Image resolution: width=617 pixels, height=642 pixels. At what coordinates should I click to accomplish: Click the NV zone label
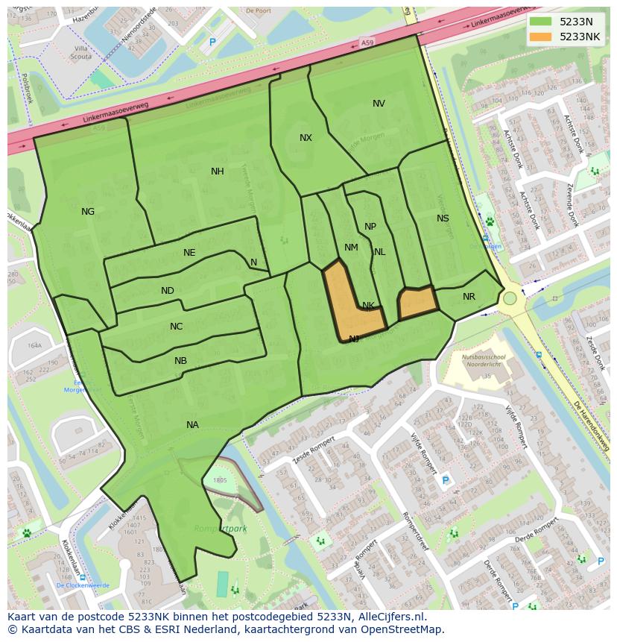coord(379,104)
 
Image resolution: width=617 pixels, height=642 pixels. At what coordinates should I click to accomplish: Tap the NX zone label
coord(306,138)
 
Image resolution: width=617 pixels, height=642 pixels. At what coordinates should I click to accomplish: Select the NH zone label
coord(217,171)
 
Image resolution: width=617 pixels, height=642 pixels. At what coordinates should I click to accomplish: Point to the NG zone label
coord(88,212)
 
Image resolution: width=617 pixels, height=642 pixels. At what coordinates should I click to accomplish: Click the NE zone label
coord(189,253)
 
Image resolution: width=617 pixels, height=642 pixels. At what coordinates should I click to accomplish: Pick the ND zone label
coord(168,291)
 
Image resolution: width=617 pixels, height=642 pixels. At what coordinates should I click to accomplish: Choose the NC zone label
coord(176,327)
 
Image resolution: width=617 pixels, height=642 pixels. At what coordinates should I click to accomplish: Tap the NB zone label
coord(180,361)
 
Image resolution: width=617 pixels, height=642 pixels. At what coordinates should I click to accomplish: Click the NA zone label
coord(192,425)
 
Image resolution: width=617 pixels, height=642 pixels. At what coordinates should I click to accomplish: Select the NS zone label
coord(443,218)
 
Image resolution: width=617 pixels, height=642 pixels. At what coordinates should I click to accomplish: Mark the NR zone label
coord(469,297)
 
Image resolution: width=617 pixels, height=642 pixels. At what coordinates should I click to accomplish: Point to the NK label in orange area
coord(368,306)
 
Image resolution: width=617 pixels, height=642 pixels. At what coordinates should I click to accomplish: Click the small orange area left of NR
coord(417,303)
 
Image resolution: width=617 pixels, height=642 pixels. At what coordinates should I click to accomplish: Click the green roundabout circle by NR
coord(510,298)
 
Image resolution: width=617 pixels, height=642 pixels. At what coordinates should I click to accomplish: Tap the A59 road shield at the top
coord(367,45)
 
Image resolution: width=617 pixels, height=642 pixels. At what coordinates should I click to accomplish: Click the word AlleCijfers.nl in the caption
coord(391,617)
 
